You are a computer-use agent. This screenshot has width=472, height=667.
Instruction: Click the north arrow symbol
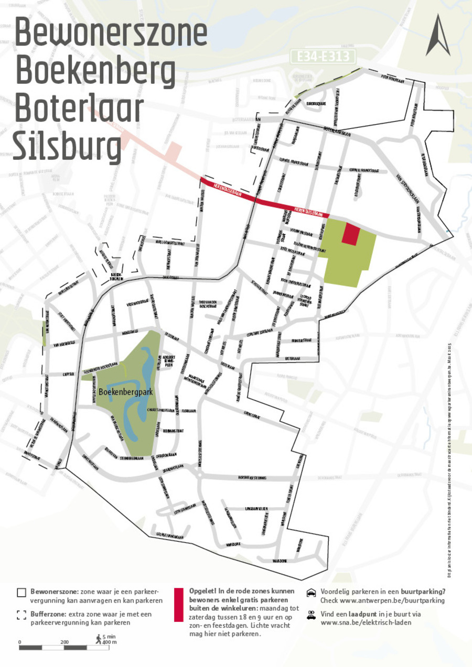[437, 36]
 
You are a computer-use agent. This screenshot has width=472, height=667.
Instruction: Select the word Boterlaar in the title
[79, 110]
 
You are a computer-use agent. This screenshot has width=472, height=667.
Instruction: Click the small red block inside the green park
[351, 234]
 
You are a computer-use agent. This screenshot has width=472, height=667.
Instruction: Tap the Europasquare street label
[316, 104]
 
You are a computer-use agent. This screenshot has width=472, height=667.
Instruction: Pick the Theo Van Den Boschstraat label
[208, 304]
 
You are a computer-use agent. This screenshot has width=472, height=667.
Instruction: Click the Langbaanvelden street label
[256, 509]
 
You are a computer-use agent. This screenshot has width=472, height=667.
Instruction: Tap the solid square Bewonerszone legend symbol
[21, 593]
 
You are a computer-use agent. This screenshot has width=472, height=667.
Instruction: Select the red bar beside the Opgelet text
[178, 611]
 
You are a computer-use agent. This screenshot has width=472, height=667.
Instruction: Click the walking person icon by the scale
[98, 638]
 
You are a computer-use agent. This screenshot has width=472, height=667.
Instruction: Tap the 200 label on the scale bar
[65, 642]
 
